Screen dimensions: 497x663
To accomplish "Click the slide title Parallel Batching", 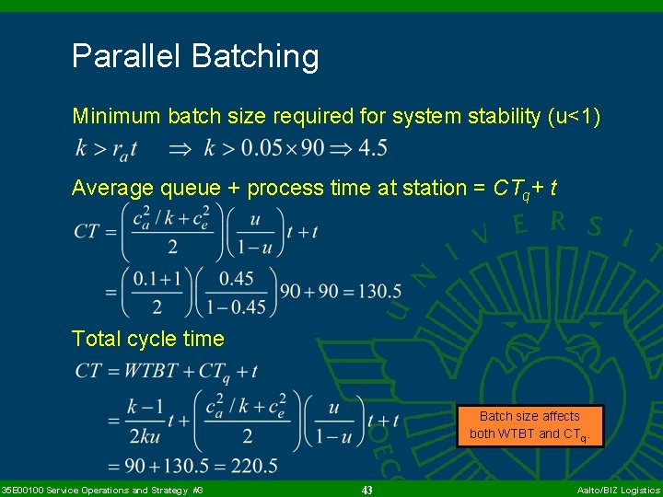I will pyautogui.click(x=195, y=56).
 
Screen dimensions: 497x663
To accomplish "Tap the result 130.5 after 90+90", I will pyautogui.click(x=378, y=292).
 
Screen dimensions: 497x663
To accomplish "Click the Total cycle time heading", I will pyautogui.click(x=148, y=339).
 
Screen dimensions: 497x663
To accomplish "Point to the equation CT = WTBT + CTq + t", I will pyautogui.click(x=167, y=371).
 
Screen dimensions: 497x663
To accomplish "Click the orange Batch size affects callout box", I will pyautogui.click(x=529, y=425).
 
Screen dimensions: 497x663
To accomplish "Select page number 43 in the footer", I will pyautogui.click(x=366, y=491).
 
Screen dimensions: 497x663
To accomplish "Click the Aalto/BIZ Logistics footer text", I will pyautogui.click(x=618, y=491).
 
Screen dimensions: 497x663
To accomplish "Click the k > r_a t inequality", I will pyautogui.click(x=108, y=148).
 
